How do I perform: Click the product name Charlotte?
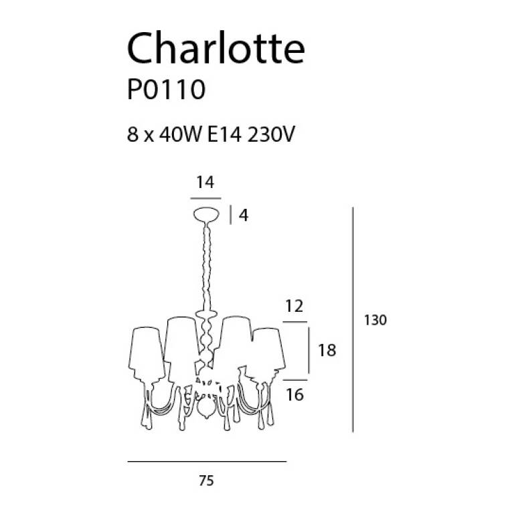click(x=216, y=48)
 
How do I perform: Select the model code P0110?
click(x=166, y=90)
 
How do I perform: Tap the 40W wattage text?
click(x=180, y=134)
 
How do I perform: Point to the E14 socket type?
click(x=225, y=134)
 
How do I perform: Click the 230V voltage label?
click(x=271, y=134)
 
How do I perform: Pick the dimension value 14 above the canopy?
click(x=205, y=182)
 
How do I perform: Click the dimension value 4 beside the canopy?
click(x=244, y=216)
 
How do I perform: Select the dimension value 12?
click(x=294, y=306)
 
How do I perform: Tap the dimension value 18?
click(x=327, y=351)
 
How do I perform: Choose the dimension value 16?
click(x=294, y=395)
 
